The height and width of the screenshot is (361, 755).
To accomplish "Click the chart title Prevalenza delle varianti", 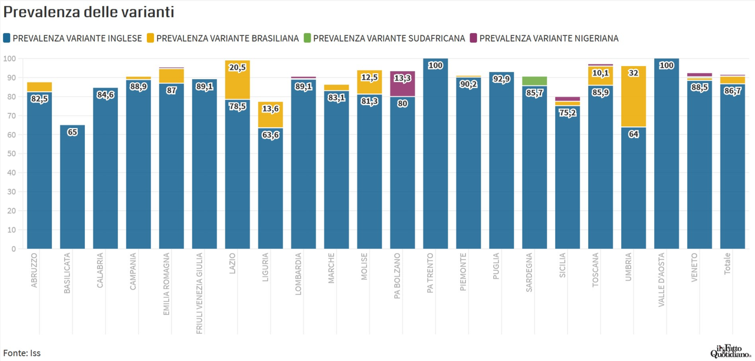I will (x=88, y=12).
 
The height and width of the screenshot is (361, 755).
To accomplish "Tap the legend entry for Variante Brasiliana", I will (x=222, y=38).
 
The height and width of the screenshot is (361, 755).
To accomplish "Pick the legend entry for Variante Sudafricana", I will (x=384, y=38).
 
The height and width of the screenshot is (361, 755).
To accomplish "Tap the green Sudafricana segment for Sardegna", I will (x=534, y=81).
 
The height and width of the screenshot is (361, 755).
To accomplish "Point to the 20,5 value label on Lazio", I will (x=238, y=67).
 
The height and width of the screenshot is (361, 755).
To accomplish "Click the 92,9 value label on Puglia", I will (x=501, y=78).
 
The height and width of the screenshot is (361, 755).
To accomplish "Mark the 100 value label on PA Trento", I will (x=435, y=65).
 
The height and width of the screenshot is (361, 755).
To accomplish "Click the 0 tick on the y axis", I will (x=13, y=249).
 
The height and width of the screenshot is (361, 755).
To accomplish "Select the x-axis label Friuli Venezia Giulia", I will (x=200, y=293).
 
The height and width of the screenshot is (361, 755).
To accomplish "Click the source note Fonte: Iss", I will (x=22, y=353).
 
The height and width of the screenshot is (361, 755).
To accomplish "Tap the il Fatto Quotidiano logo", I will (x=730, y=351).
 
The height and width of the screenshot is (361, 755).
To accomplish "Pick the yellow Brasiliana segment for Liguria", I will (x=270, y=114).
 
